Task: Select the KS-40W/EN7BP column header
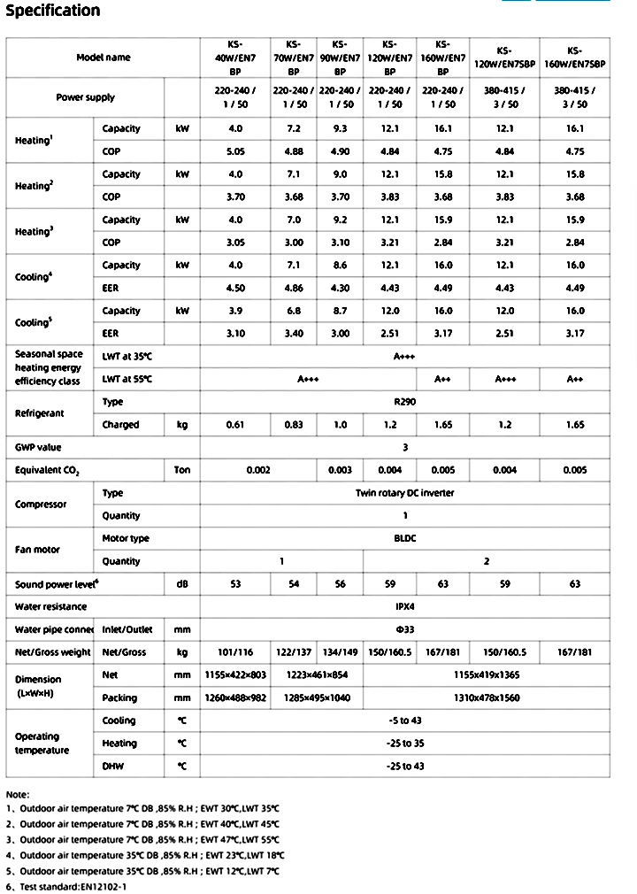234,58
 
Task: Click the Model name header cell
104,58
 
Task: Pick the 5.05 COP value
234,151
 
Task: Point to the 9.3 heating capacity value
340,128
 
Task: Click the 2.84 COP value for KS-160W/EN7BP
443,243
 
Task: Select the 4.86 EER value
294,288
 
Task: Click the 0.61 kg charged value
234,425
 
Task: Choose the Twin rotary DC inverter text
406,493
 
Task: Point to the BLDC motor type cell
406,538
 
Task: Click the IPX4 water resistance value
406,606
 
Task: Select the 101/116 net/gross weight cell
234,652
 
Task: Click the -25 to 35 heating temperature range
406,744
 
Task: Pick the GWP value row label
39,448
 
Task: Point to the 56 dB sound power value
340,584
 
